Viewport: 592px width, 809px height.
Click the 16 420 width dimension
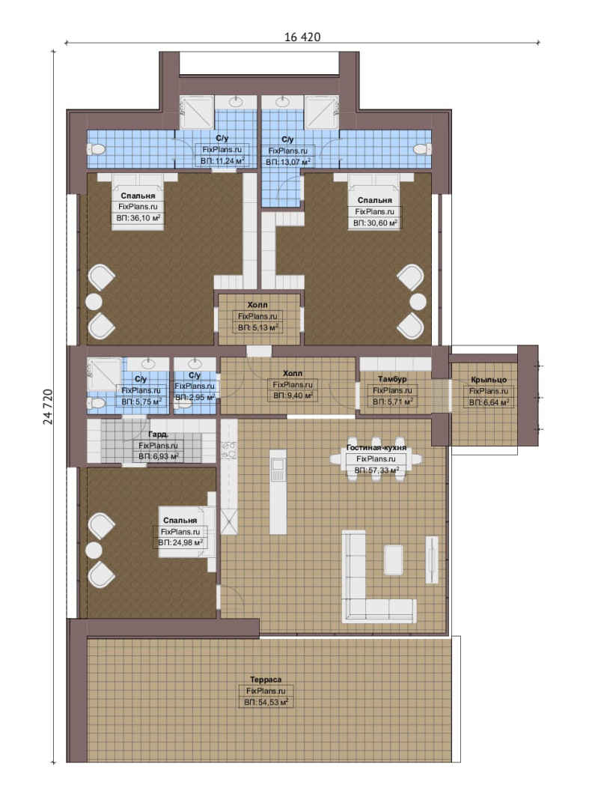click(x=302, y=37)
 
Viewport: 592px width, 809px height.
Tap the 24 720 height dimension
click(x=47, y=407)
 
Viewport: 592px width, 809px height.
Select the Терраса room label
click(x=266, y=679)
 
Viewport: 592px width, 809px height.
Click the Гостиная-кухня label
click(x=376, y=447)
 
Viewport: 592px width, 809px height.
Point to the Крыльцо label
click(x=489, y=380)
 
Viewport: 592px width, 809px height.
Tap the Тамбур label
click(x=392, y=379)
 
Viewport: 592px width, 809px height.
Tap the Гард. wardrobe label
click(x=158, y=434)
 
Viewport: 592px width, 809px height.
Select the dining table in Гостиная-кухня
click(x=376, y=459)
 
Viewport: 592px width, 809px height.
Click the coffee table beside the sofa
click(x=394, y=560)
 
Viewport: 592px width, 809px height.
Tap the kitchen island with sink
click(x=278, y=491)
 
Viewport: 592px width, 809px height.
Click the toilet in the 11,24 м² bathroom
click(x=97, y=150)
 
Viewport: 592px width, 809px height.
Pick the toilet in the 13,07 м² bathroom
click(x=422, y=149)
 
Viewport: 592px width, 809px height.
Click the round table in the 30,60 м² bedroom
click(x=418, y=303)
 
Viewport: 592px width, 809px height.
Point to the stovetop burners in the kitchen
click(x=228, y=450)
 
